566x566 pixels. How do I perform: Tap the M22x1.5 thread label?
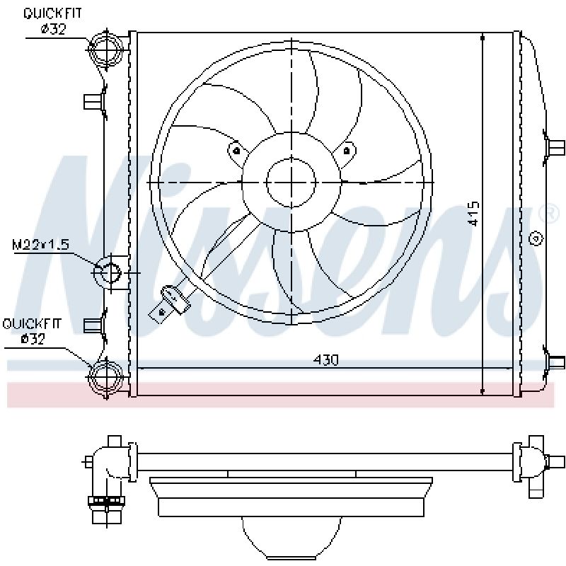tap(40, 245)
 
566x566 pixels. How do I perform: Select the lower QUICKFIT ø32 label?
tap(32, 332)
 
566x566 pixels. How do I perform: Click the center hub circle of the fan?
tap(291, 182)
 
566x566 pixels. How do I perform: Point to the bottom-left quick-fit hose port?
tap(106, 375)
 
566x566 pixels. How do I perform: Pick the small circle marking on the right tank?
tap(536, 238)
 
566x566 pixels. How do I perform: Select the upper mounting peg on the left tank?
tap(93, 101)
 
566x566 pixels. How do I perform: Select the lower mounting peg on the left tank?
tap(93, 325)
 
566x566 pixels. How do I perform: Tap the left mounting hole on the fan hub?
tap(235, 149)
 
